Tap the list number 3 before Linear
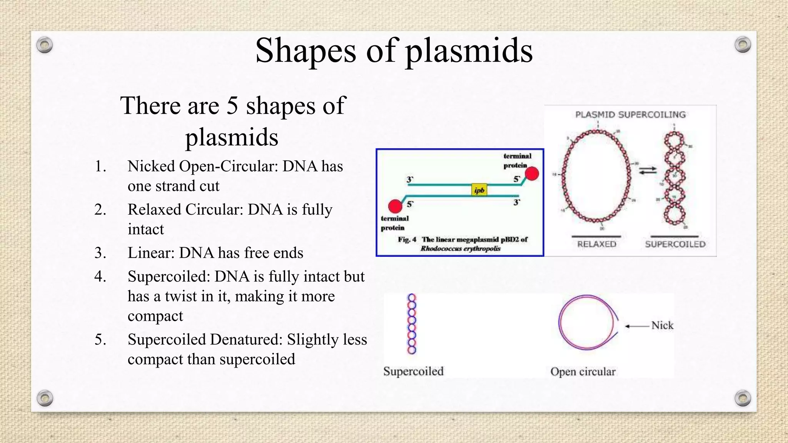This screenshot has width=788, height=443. [100, 253]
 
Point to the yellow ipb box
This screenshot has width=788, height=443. [479, 190]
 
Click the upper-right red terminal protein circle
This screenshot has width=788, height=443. [532, 174]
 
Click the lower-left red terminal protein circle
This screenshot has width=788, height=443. [395, 207]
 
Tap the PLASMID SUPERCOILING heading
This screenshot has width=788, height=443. [630, 115]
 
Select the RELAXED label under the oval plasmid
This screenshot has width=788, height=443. [596, 244]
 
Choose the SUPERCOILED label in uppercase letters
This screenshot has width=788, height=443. [675, 244]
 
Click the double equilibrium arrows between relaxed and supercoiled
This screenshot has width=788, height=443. [648, 170]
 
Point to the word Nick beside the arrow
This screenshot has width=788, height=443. [662, 325]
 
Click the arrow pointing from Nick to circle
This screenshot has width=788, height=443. [637, 326]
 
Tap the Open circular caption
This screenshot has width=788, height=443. [583, 371]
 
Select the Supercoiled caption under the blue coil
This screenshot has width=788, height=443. [413, 371]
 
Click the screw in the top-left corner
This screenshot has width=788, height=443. [45, 45]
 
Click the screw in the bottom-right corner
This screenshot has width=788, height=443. [743, 398]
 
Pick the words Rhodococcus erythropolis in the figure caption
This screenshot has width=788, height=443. [460, 248]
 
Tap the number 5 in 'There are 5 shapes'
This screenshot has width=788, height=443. [232, 106]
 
